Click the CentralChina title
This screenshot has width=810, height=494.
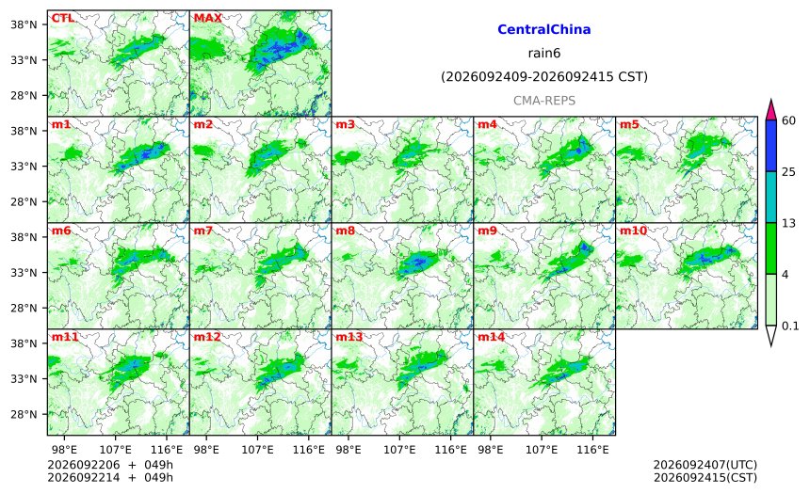[x=544, y=29]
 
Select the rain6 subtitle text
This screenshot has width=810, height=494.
[x=544, y=54]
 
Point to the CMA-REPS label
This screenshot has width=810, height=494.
[x=544, y=101]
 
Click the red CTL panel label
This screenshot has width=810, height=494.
[x=62, y=18]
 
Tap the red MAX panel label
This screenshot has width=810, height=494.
[x=207, y=18]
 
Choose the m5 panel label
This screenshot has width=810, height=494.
[x=629, y=124]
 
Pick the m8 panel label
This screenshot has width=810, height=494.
[x=346, y=231]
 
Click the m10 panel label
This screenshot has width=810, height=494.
[x=633, y=231]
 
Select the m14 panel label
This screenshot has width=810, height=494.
[x=491, y=337]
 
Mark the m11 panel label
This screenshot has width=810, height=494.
[x=65, y=337]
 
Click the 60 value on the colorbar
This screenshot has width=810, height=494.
[x=788, y=120]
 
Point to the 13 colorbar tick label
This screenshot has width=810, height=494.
[x=788, y=224]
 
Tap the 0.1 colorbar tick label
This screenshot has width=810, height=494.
[x=790, y=327]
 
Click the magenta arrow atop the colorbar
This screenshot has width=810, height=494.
[x=770, y=110]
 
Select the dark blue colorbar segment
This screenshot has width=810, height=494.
[x=770, y=146]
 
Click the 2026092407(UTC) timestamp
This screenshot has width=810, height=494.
[x=705, y=465]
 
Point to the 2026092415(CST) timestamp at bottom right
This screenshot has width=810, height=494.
[x=705, y=477]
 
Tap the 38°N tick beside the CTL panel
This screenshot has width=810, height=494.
[x=24, y=24]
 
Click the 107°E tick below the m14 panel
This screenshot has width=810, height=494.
[x=542, y=450]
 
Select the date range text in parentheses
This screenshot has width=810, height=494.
[x=544, y=77]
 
